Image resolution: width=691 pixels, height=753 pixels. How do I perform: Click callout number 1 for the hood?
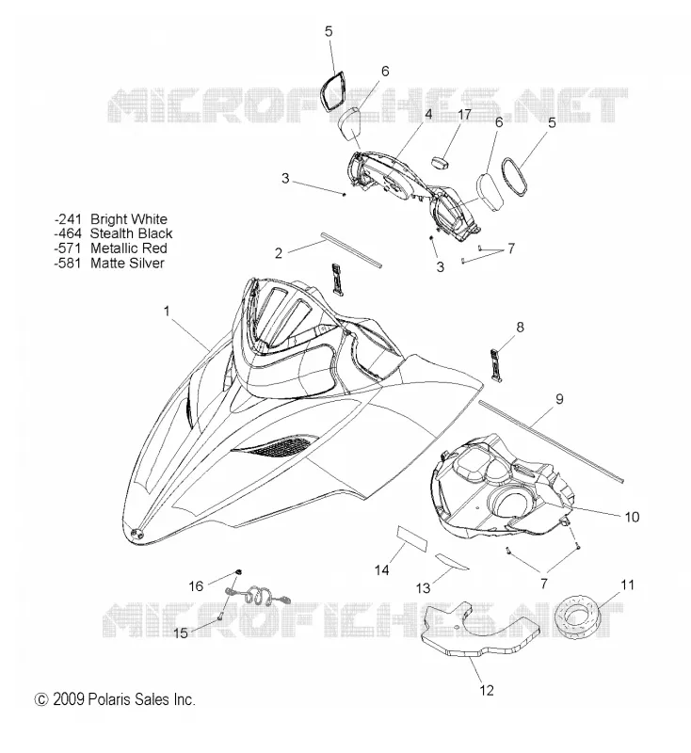coord(167,312)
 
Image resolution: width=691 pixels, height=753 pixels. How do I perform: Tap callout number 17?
coord(464,115)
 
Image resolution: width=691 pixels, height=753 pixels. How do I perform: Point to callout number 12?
coord(487,690)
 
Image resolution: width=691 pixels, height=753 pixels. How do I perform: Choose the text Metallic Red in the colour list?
coord(129,248)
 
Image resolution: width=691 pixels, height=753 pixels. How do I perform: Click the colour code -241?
coord(68,219)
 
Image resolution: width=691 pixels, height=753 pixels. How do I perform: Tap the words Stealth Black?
coord(131,233)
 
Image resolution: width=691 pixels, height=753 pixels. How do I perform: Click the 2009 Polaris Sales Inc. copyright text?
coord(115,699)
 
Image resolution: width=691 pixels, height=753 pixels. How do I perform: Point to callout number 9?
coord(559,398)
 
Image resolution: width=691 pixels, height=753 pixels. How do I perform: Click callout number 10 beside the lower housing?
coord(632,517)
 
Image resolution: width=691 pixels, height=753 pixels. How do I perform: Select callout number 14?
coord(382,570)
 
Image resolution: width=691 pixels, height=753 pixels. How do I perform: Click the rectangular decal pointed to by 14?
coord(411,538)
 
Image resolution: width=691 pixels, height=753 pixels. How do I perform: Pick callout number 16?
coord(196,585)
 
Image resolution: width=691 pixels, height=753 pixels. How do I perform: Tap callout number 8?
coord(520,327)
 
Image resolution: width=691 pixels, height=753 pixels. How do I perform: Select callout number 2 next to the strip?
coord(279,253)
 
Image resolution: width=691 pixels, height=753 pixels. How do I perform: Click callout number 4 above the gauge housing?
coord(428,114)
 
